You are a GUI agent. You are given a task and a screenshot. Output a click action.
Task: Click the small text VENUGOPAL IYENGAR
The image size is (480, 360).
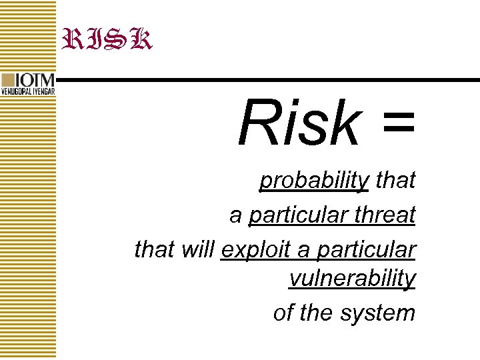coord(28,91)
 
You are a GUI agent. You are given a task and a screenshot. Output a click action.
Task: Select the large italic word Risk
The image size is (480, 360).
coord(299,123)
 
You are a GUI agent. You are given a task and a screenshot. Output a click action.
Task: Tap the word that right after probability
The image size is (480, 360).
coord(395,180)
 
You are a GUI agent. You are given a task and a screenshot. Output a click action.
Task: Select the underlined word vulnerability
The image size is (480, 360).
coord(352,279)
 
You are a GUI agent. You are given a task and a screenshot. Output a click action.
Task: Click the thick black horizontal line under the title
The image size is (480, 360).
coord(267,80)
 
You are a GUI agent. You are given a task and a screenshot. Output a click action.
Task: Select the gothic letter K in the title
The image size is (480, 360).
coord(140,39)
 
